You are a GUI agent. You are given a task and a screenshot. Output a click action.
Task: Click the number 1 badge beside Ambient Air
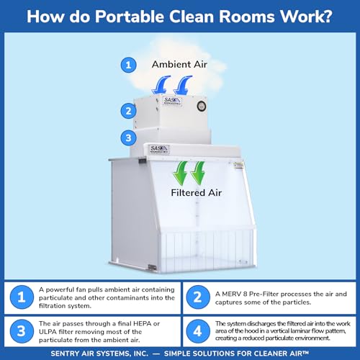[128, 65]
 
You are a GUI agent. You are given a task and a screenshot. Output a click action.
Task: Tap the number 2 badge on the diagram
[128, 111]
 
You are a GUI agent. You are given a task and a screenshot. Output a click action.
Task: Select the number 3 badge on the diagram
[128, 138]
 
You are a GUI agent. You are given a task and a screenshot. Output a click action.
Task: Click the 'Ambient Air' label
[179, 64]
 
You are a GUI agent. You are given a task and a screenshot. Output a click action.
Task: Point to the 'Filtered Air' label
[196, 193]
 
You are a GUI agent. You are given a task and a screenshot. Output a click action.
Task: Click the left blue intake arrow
[161, 85]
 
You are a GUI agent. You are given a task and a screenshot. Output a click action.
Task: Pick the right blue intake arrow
[182, 85]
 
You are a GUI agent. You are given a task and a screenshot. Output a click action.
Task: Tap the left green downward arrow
[181, 173]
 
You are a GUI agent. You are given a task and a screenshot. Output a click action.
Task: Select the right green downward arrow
[198, 173]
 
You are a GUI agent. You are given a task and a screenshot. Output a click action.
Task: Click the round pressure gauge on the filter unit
[202, 106]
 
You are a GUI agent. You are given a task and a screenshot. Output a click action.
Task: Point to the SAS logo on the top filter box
[172, 101]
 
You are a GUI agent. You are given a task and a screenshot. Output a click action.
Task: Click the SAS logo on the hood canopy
[159, 149]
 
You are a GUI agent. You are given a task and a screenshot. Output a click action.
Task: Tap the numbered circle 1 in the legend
[22, 297]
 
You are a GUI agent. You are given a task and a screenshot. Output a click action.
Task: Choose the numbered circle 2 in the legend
[198, 297]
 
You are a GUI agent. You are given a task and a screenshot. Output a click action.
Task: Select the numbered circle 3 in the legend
[22, 331]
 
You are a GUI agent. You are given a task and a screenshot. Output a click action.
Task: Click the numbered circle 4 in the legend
[198, 331]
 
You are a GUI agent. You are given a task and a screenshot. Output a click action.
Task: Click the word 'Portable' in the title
[129, 17]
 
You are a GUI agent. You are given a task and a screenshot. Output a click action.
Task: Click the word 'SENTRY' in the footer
[63, 354]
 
